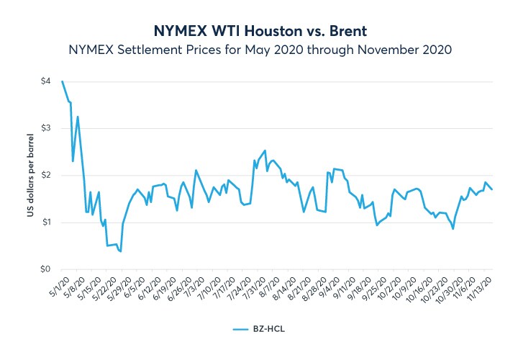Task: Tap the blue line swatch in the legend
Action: tap(241, 328)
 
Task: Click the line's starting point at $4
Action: tap(63, 81)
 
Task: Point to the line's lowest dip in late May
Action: tap(120, 251)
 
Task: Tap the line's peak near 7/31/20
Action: tap(265, 150)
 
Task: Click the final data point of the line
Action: tap(492, 189)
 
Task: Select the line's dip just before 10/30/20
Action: tap(453, 229)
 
